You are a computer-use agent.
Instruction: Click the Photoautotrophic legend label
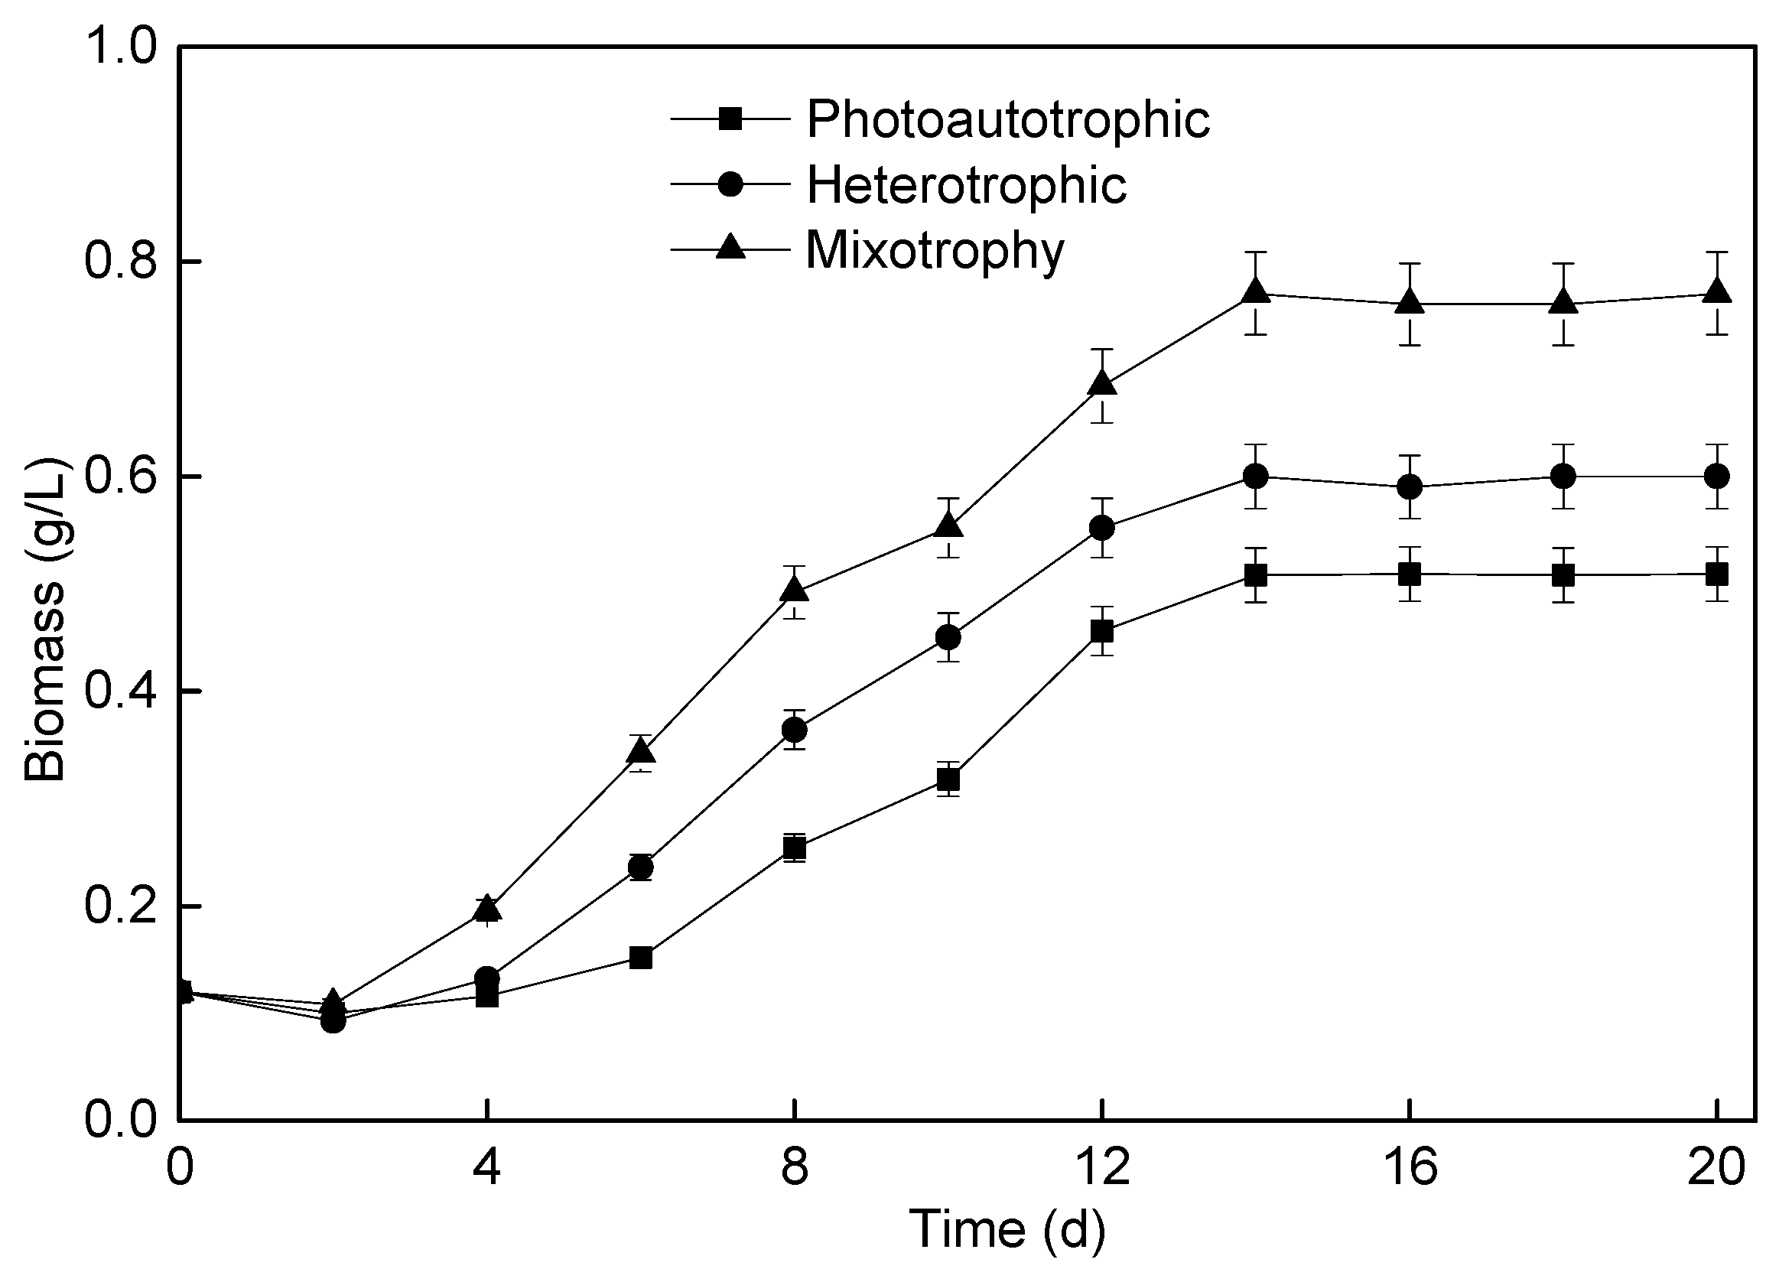pos(1008,119)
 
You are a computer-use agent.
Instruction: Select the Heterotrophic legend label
pos(967,185)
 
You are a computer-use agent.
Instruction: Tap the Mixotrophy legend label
pos(935,251)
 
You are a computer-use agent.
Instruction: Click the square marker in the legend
pos(730,119)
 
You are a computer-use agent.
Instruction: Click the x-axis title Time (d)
pos(1007,1228)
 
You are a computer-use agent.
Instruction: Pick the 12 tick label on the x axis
pos(1101,1168)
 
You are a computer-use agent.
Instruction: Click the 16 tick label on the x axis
pos(1410,1168)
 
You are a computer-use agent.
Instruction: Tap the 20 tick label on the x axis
pos(1716,1168)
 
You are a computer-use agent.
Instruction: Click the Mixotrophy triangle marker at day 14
pos(1256,292)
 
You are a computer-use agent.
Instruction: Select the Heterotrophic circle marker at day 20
pos(1716,476)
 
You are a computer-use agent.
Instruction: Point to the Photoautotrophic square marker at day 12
pos(1101,630)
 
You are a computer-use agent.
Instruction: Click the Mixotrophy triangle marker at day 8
pos(795,589)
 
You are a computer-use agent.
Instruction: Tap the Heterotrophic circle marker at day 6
pos(641,867)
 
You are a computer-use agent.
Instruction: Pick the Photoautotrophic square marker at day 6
pos(641,957)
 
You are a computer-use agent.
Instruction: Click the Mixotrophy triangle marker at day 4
pos(487,908)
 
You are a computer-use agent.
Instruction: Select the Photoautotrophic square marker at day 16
pos(1410,574)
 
